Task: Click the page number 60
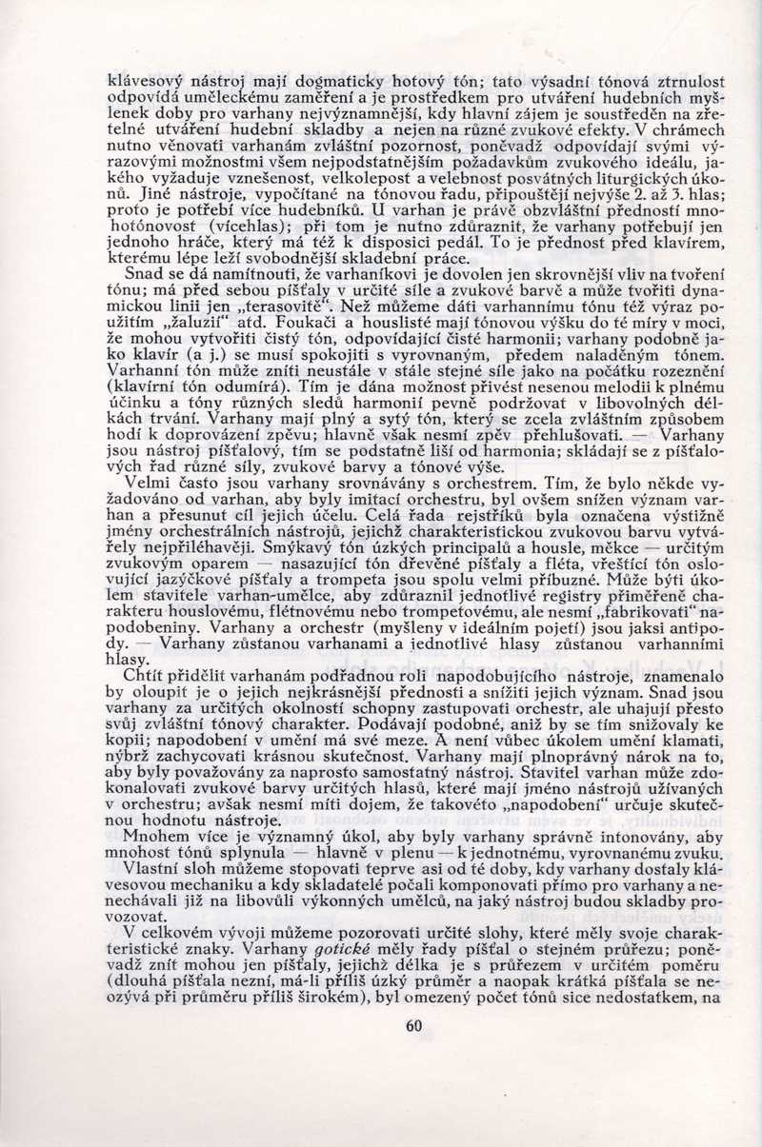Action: [x=412, y=1025]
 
